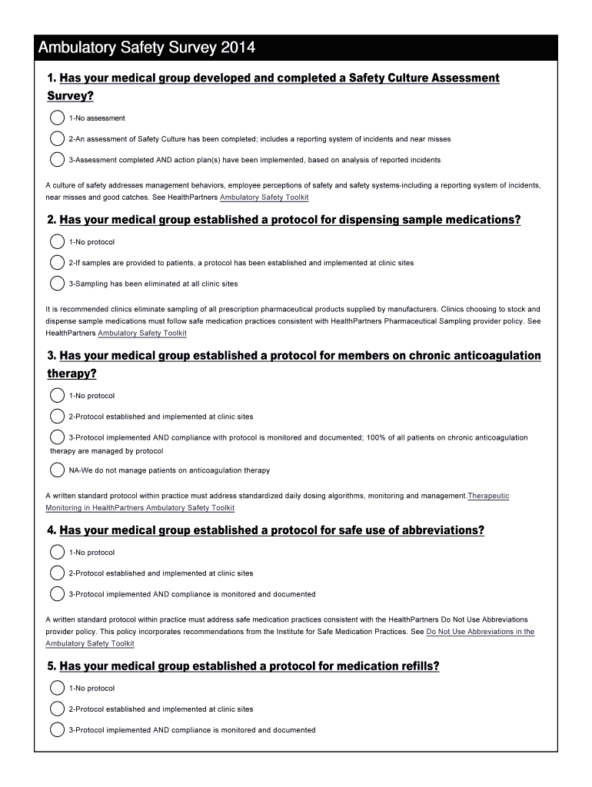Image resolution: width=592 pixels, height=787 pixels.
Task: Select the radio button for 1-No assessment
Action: tap(57, 118)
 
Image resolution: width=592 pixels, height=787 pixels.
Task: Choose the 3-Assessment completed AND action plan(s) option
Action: tap(57, 160)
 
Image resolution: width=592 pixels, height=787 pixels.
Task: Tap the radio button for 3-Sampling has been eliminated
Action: tap(57, 284)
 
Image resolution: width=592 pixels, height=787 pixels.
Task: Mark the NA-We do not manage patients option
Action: tap(57, 470)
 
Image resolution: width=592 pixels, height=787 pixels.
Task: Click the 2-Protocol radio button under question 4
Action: tap(57, 573)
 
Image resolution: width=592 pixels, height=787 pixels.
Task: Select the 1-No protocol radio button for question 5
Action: tap(57, 689)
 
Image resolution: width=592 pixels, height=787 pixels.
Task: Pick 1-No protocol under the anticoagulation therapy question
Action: tap(57, 396)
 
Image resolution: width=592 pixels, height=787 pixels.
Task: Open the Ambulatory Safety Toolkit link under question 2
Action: tap(142, 334)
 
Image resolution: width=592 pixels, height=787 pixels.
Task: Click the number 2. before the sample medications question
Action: tap(52, 221)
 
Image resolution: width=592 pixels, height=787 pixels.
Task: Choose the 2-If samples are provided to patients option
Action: tap(57, 263)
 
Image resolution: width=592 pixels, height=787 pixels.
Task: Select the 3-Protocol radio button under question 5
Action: tap(57, 730)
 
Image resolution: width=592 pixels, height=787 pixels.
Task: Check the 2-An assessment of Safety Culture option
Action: tap(57, 139)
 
